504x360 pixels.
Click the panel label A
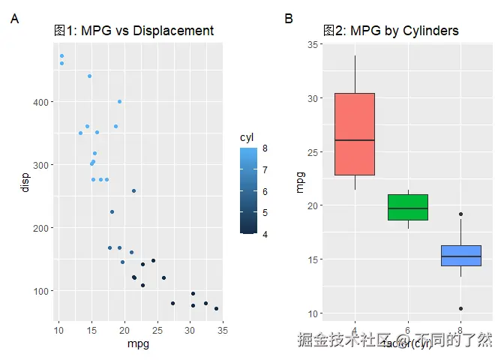(x=14, y=19)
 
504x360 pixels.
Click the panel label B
(x=289, y=19)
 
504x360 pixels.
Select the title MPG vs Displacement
(x=134, y=31)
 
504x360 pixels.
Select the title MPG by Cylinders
(x=391, y=31)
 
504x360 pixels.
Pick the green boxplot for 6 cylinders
(x=408, y=207)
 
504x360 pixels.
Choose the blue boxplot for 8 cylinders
(x=460, y=256)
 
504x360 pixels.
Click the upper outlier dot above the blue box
(x=460, y=214)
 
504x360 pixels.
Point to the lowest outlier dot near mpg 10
(x=460, y=308)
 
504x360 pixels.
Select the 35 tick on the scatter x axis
(x=223, y=331)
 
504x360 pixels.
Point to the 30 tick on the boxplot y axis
(x=314, y=98)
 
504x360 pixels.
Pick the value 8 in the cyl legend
(x=265, y=149)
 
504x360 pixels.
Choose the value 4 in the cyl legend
(x=265, y=234)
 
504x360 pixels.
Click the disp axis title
(x=25, y=181)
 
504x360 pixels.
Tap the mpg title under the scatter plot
(x=139, y=345)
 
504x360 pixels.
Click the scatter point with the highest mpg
(x=216, y=308)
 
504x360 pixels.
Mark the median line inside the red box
(x=355, y=140)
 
